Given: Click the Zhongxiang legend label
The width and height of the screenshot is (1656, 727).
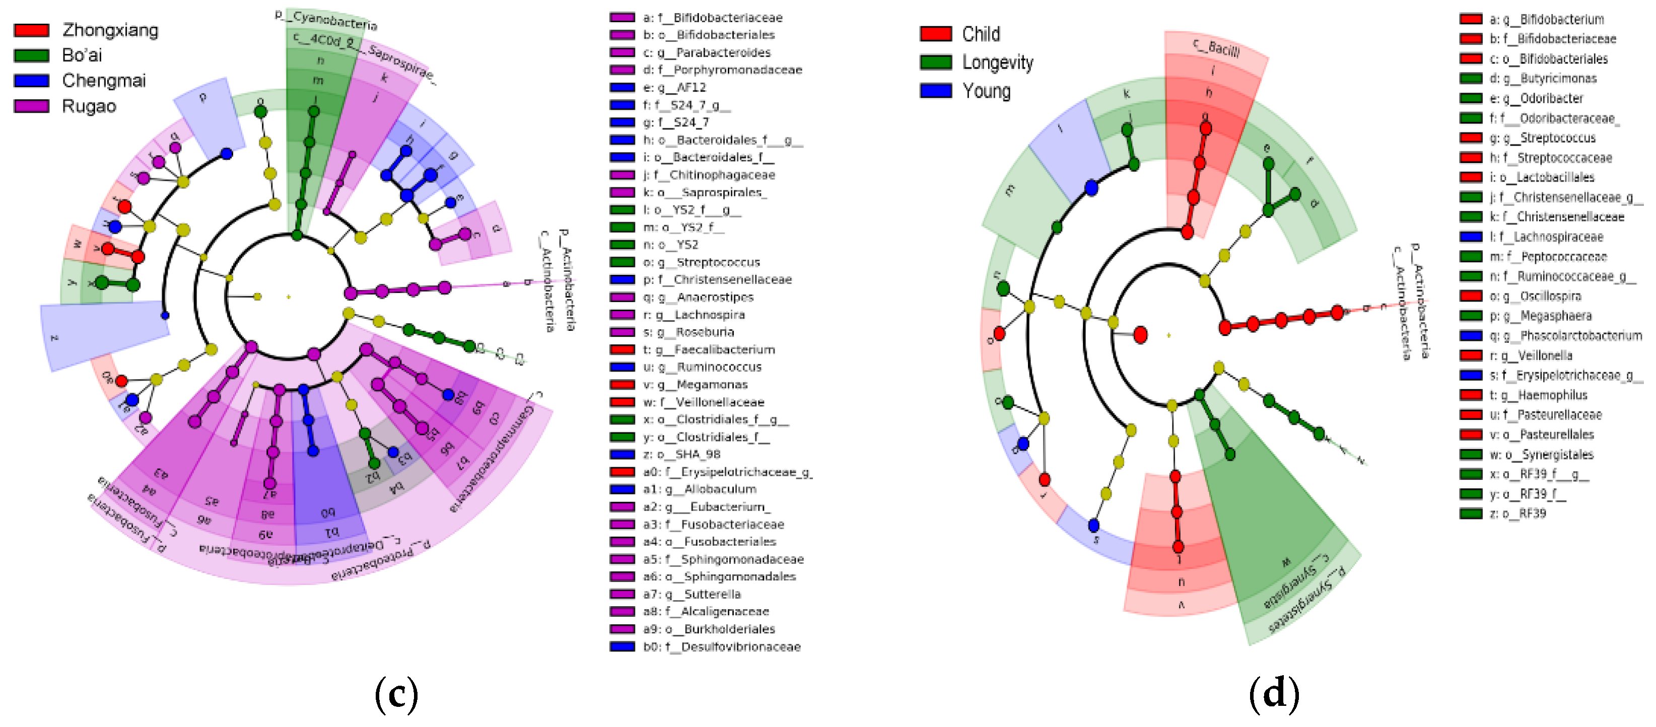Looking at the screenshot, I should [x=110, y=30].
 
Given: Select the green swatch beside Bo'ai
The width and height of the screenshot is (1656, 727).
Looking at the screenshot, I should [x=32, y=56].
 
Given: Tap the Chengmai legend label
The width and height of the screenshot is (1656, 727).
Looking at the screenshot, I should [x=104, y=81].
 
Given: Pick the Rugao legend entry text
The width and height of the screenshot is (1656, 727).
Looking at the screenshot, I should [x=89, y=106].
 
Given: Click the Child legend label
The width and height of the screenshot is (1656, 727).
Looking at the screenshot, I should [x=981, y=34].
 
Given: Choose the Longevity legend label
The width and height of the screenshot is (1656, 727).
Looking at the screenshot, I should [x=997, y=62].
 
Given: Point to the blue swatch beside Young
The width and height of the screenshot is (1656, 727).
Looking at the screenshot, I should [x=935, y=91].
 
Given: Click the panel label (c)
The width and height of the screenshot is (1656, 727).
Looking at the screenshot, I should [x=396, y=694].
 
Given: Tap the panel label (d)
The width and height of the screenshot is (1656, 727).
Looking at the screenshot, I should [x=1274, y=694].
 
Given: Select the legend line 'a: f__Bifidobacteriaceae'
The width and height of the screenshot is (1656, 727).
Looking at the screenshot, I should [x=712, y=17].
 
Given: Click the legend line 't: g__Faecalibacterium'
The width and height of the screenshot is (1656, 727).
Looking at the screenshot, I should [x=709, y=350].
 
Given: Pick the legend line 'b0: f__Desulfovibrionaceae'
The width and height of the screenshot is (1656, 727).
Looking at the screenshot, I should [x=721, y=646].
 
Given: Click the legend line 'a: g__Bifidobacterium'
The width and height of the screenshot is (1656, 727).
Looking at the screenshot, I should [x=1546, y=19].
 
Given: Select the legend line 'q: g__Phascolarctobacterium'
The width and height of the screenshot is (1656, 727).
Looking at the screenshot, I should [x=1565, y=335].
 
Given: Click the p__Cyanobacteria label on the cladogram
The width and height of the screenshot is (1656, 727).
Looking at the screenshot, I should [x=326, y=20].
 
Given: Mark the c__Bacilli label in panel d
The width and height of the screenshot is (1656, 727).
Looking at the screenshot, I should [x=1216, y=47].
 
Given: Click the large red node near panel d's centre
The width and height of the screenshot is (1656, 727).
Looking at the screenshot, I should [x=1140, y=335].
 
